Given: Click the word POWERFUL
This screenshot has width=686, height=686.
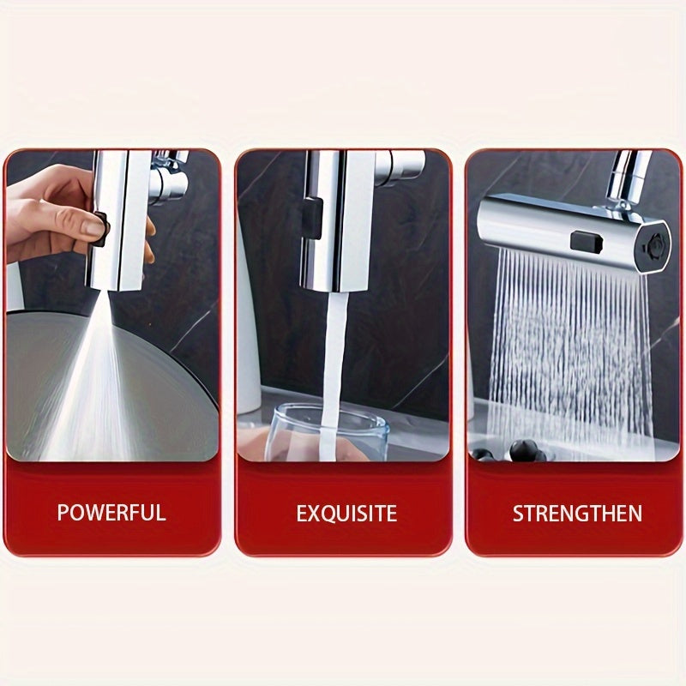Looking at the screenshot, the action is pos(111,512).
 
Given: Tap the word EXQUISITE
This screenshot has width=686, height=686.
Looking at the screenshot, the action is pos(346,513).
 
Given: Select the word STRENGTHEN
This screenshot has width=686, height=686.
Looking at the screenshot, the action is pos(577,513).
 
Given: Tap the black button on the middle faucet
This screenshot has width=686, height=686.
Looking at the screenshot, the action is pos(312,218).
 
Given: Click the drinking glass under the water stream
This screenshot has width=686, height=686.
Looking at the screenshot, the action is pos(327,432).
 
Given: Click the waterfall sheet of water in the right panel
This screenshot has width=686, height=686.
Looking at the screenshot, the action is pos(567,350).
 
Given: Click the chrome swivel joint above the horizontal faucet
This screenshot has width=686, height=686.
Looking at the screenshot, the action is pos(626,184).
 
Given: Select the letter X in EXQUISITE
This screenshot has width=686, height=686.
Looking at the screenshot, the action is pos(316,513).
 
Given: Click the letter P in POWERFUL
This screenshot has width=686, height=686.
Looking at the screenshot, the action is pos(63,512).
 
